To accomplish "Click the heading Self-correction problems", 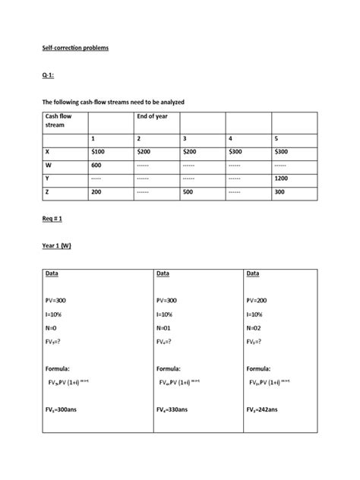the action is [x=75, y=48].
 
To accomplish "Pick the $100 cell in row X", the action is [x=99, y=152].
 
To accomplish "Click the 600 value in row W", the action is [x=96, y=166].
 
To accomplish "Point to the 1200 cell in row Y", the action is [x=283, y=179].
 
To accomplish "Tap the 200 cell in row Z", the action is [x=96, y=193].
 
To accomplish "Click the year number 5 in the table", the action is [x=276, y=138].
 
